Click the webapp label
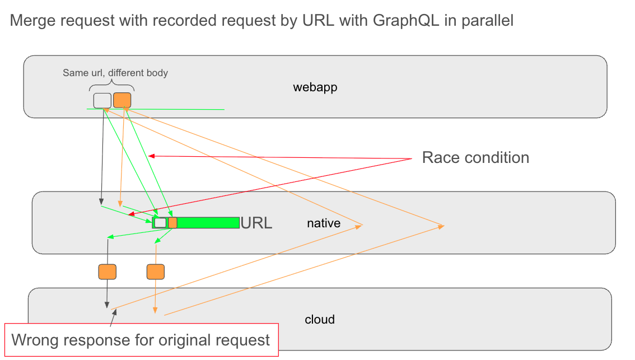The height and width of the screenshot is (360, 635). click(x=315, y=87)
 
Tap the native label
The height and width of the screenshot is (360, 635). click(x=324, y=223)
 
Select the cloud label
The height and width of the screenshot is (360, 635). click(x=320, y=320)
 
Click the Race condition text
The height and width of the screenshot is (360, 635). click(x=475, y=157)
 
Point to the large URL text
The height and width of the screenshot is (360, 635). click(x=256, y=223)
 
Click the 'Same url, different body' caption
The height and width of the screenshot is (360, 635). click(x=115, y=73)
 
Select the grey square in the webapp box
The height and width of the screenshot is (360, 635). click(x=102, y=100)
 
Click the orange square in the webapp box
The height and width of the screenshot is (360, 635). click(x=122, y=100)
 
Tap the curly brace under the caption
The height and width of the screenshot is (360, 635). click(x=112, y=87)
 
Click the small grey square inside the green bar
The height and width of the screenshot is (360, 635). click(x=160, y=222)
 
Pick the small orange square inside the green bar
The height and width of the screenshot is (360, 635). click(x=172, y=222)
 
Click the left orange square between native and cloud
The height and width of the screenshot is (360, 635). click(x=107, y=272)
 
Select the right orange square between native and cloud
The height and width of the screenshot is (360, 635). click(x=156, y=272)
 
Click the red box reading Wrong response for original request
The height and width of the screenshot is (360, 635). click(x=141, y=339)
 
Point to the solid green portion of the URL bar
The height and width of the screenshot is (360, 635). click(x=208, y=222)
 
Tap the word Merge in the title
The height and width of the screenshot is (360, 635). click(x=33, y=21)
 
